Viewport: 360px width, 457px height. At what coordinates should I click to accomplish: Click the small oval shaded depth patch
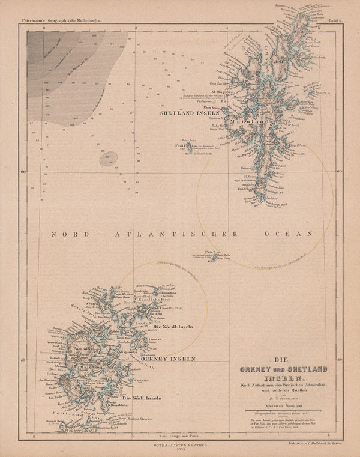tap(109, 159)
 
